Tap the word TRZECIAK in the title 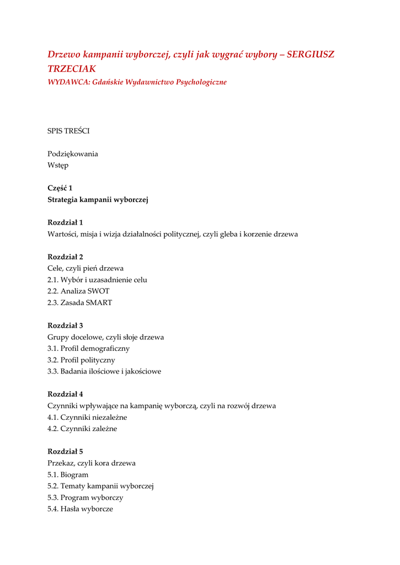(72, 69)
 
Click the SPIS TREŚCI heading (68, 131)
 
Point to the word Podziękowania (73, 154)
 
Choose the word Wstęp (58, 166)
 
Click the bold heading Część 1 (60, 188)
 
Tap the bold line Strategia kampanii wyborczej (98, 200)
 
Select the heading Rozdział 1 (65, 222)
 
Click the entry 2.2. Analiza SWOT (78, 291)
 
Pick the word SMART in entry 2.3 (99, 303)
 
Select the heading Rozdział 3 (65, 326)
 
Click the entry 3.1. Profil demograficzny (88, 349)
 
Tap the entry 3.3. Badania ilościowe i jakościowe (104, 372)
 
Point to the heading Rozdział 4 (65, 394)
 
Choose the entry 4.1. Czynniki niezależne (87, 418)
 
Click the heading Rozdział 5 (65, 451)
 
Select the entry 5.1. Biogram (68, 475)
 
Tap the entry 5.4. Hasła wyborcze (80, 509)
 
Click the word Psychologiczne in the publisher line (201, 82)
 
